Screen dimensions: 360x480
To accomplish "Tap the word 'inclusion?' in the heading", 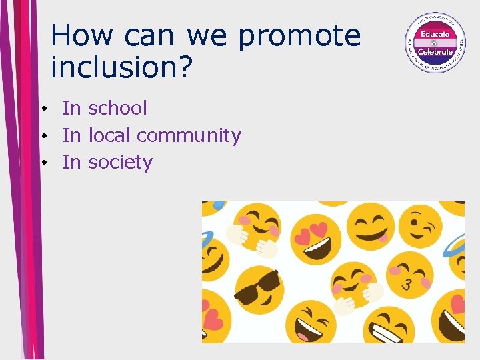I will click(121, 66).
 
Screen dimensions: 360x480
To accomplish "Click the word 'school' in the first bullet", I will click(117, 108).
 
